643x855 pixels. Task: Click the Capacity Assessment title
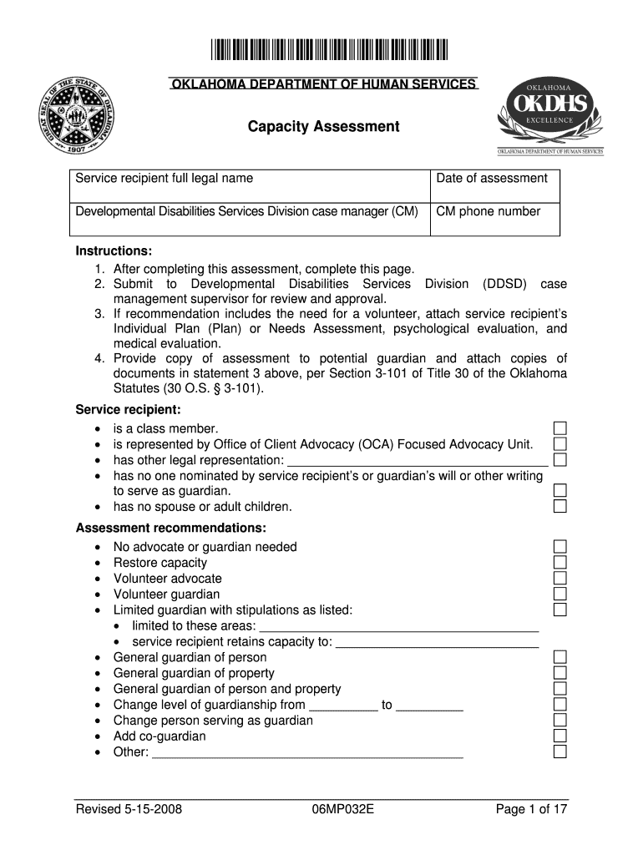coord(323,127)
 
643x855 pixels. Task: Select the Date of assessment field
coord(494,187)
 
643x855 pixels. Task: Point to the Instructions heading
coord(114,251)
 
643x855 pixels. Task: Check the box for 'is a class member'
coord(560,428)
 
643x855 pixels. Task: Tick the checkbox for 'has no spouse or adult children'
coord(560,506)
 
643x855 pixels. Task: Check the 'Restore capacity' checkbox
coord(560,563)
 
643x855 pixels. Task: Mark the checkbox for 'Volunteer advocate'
coord(560,579)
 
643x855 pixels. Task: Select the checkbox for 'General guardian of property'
coord(560,673)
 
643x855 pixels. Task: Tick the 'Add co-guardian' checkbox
coord(560,736)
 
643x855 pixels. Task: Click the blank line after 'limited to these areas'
coord(399,627)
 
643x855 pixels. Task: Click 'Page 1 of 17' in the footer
coord(531,809)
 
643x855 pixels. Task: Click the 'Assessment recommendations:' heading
coord(171,529)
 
